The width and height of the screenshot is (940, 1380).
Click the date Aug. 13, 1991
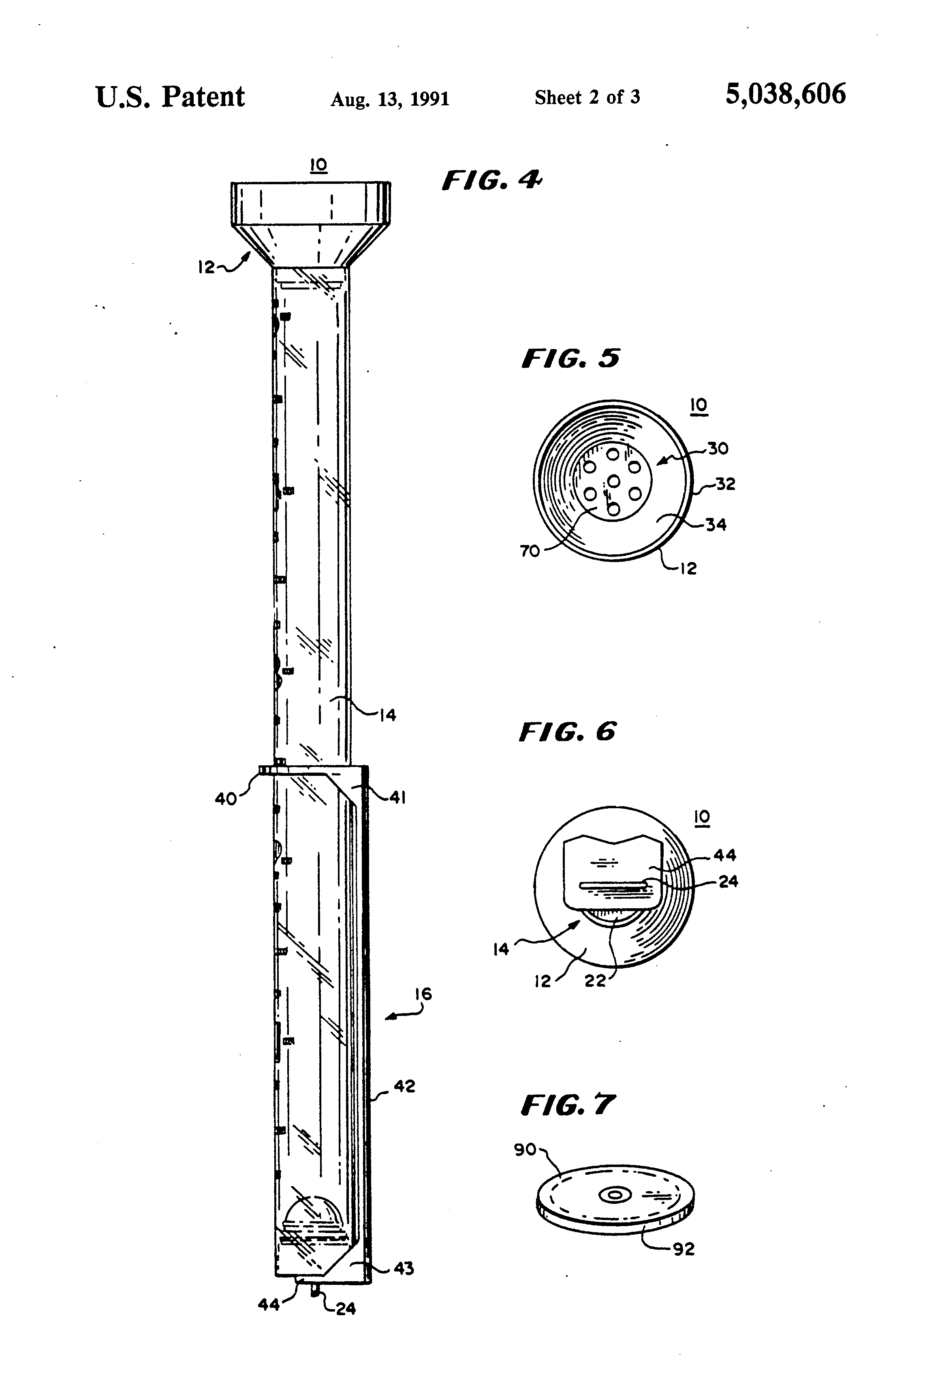coord(390,98)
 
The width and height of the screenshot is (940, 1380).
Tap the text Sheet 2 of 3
coord(587,97)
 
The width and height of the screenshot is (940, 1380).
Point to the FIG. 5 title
coord(570,359)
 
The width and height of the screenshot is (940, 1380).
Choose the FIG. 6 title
coord(568,732)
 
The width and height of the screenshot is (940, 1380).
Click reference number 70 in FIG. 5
coord(530,551)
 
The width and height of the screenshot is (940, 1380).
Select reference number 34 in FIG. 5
coord(716,524)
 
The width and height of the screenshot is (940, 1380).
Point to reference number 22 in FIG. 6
coord(595,980)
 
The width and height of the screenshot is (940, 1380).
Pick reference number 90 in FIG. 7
coord(525,1150)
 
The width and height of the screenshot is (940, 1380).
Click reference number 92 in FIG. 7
coord(683,1249)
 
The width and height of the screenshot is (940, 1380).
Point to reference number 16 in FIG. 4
coord(423,993)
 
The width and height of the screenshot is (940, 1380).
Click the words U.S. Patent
coord(170,97)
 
